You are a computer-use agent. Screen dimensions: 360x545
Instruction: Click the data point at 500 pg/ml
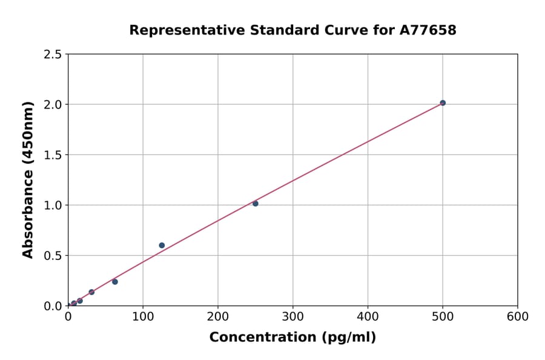443,103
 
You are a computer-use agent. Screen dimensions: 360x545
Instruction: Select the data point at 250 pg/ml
256,204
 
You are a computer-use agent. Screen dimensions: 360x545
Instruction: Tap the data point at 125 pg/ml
162,245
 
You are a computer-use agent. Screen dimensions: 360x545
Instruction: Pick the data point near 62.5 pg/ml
115,282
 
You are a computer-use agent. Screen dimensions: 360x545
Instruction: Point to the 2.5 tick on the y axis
53,55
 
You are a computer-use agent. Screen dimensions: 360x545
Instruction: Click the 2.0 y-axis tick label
53,105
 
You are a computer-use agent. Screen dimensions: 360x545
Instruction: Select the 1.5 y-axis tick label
53,155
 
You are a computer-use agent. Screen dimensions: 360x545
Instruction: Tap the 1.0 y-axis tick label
53,205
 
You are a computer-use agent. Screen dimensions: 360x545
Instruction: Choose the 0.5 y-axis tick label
53,256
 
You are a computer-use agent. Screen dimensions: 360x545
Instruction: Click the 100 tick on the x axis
143,316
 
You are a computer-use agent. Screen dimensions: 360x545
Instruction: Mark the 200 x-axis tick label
218,316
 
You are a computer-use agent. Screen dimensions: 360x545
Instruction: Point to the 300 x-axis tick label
293,316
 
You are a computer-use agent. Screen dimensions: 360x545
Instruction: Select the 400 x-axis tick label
368,316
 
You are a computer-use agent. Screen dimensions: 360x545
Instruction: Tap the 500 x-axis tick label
443,316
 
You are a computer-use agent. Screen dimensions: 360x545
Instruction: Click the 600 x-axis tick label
518,316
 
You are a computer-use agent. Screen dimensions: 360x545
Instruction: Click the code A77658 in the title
428,30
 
